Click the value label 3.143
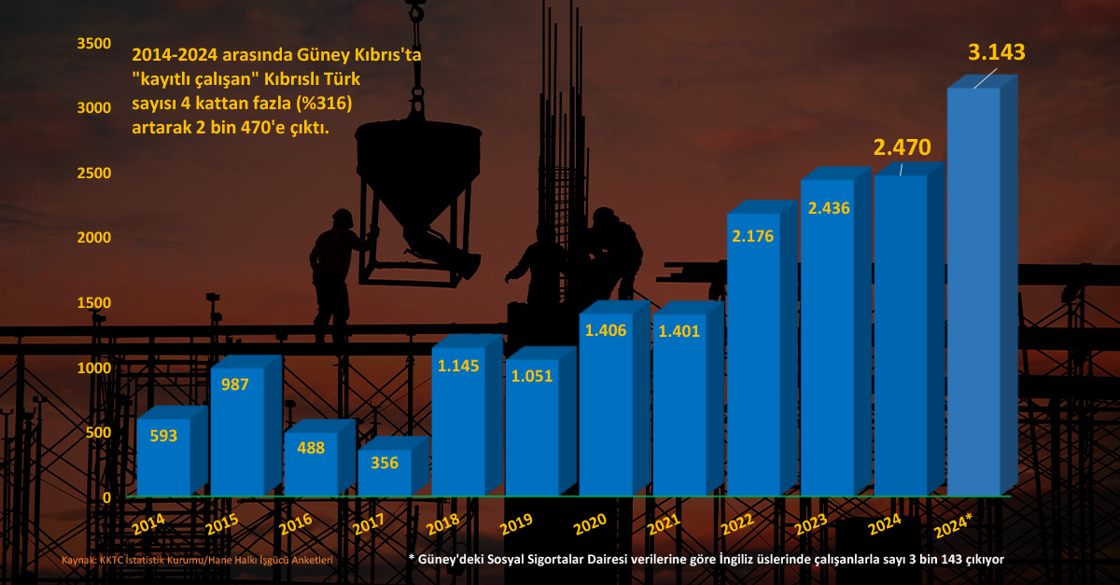(x=997, y=52)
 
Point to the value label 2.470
(x=902, y=147)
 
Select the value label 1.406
(x=605, y=329)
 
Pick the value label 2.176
(x=753, y=236)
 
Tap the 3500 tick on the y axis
(x=94, y=43)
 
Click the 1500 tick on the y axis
(x=94, y=302)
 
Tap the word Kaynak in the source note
(x=80, y=560)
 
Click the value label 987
(x=235, y=384)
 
